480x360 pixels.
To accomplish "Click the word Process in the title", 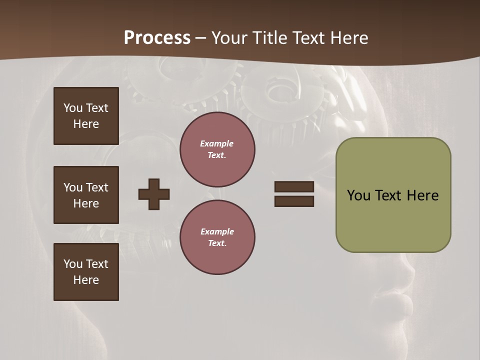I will [x=157, y=38].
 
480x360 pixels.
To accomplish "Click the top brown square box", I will [x=86, y=116].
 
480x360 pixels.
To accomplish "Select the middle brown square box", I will [x=86, y=195].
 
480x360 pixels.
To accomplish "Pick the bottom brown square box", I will [x=86, y=272].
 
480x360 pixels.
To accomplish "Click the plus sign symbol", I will [x=154, y=194].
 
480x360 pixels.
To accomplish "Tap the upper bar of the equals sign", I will [x=294, y=186].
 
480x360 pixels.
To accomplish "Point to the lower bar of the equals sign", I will [x=294, y=201].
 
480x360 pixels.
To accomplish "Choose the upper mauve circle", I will [x=217, y=149].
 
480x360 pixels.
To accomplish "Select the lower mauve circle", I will [x=217, y=237].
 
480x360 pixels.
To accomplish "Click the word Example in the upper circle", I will [x=217, y=143].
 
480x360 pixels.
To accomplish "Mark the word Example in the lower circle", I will [x=217, y=231].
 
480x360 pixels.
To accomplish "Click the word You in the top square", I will [x=72, y=108].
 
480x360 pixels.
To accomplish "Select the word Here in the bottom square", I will [x=86, y=280].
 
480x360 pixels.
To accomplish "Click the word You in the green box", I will [x=358, y=195].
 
